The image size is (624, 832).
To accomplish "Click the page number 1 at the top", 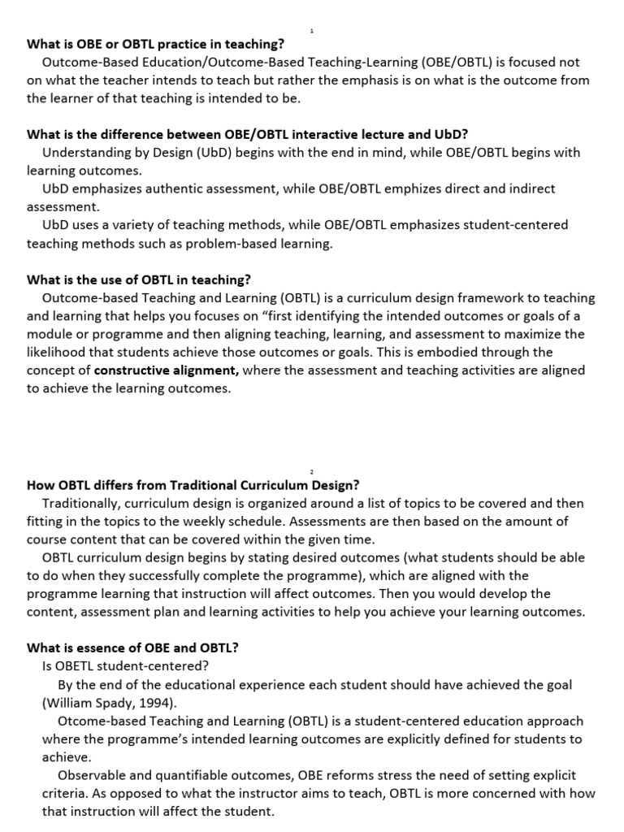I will [x=312, y=31].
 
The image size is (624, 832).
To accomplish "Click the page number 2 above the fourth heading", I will [x=312, y=470].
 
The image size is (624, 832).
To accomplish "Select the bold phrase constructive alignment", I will [x=167, y=370].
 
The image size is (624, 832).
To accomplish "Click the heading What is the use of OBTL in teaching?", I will [x=139, y=279].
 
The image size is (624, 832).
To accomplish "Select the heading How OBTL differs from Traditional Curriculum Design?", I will [x=193, y=485].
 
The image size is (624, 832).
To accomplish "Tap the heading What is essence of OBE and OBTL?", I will [x=132, y=648].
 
